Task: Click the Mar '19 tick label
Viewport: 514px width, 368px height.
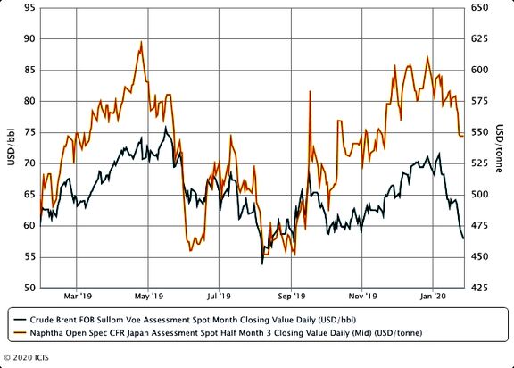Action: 78,297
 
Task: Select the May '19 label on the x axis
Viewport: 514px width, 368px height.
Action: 149,297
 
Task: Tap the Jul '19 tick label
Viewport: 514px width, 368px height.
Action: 219,297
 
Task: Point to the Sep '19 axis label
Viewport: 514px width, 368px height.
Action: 292,297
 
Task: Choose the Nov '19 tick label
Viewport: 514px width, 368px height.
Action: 362,297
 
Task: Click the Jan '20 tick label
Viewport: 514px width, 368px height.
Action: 433,297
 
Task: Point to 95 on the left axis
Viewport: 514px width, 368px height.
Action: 29,7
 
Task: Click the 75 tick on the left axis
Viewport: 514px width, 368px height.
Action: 29,132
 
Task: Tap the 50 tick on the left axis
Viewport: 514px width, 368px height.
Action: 29,288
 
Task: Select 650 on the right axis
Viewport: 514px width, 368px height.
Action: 479,7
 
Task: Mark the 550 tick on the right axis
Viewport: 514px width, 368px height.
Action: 479,132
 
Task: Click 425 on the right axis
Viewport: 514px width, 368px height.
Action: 479,288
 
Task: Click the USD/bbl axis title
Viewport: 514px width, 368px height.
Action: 11,146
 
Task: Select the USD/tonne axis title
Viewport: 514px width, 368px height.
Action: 499,148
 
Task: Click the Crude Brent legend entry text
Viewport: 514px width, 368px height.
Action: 193,320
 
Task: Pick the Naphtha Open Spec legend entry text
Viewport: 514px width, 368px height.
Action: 226,333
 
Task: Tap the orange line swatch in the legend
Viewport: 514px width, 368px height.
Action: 20,333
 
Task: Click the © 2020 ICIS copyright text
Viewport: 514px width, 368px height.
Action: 26,357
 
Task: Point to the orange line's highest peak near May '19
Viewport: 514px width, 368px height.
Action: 141,42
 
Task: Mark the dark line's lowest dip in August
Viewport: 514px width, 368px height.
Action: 262,263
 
